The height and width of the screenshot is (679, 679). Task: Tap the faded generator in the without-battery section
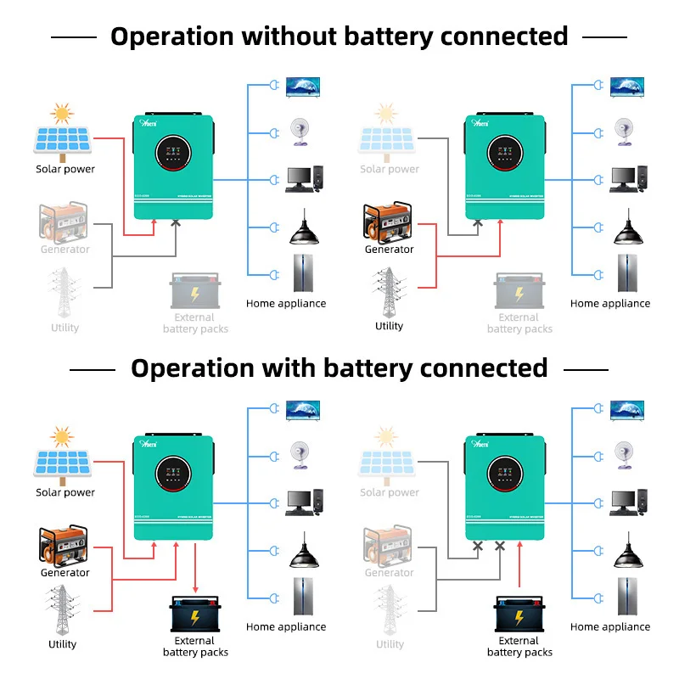pyautogui.click(x=65, y=221)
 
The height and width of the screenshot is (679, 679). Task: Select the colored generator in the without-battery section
pyautogui.click(x=389, y=222)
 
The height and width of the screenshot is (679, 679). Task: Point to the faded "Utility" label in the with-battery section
pyautogui.click(x=390, y=644)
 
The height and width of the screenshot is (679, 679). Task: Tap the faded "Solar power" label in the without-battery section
pyautogui.click(x=390, y=169)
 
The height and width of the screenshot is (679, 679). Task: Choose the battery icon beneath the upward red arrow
pyautogui.click(x=519, y=614)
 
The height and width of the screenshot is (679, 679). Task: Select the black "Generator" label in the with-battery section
pyautogui.click(x=65, y=573)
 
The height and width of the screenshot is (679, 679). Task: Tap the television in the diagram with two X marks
pyautogui.click(x=627, y=409)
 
